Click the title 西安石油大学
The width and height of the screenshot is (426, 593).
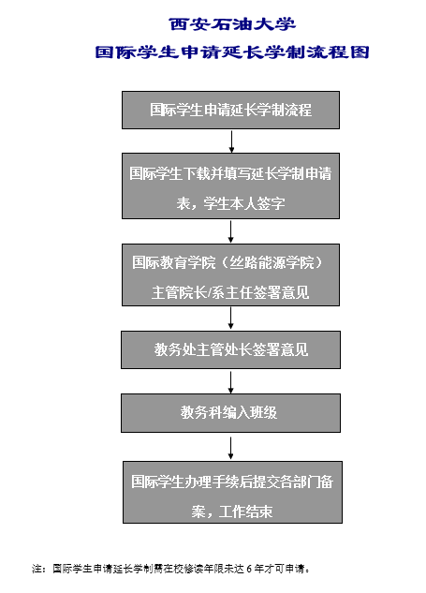pyautogui.click(x=232, y=24)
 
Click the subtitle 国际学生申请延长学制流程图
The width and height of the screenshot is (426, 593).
pyautogui.click(x=232, y=52)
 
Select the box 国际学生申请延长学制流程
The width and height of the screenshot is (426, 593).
pyautogui.click(x=230, y=110)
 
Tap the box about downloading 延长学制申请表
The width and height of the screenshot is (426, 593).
pyautogui.click(x=230, y=185)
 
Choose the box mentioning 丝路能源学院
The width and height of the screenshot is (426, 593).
pyautogui.click(x=230, y=274)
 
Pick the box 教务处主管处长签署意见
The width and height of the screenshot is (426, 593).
pyautogui.click(x=230, y=349)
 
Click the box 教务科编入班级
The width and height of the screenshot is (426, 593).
pyautogui.click(x=230, y=413)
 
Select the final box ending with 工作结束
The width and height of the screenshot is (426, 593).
pyautogui.click(x=232, y=493)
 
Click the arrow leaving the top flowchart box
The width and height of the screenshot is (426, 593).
pyautogui.click(x=231, y=141)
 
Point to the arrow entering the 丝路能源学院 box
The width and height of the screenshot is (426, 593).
pyautogui.click(x=230, y=231)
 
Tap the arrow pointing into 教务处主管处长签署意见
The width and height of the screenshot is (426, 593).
pyautogui.click(x=230, y=319)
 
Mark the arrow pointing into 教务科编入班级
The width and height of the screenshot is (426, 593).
pyautogui.click(x=230, y=382)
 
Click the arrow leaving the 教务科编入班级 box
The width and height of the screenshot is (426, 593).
pyautogui.click(x=230, y=448)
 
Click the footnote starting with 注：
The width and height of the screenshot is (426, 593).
pyautogui.click(x=170, y=569)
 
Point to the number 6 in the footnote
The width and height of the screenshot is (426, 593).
pyautogui.click(x=249, y=569)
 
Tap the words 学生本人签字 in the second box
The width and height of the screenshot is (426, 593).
pyautogui.click(x=244, y=203)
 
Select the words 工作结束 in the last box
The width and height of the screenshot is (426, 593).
pyautogui.click(x=245, y=511)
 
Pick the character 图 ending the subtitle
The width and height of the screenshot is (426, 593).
pyautogui.click(x=360, y=52)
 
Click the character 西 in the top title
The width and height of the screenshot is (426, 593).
pyautogui.click(x=178, y=24)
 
